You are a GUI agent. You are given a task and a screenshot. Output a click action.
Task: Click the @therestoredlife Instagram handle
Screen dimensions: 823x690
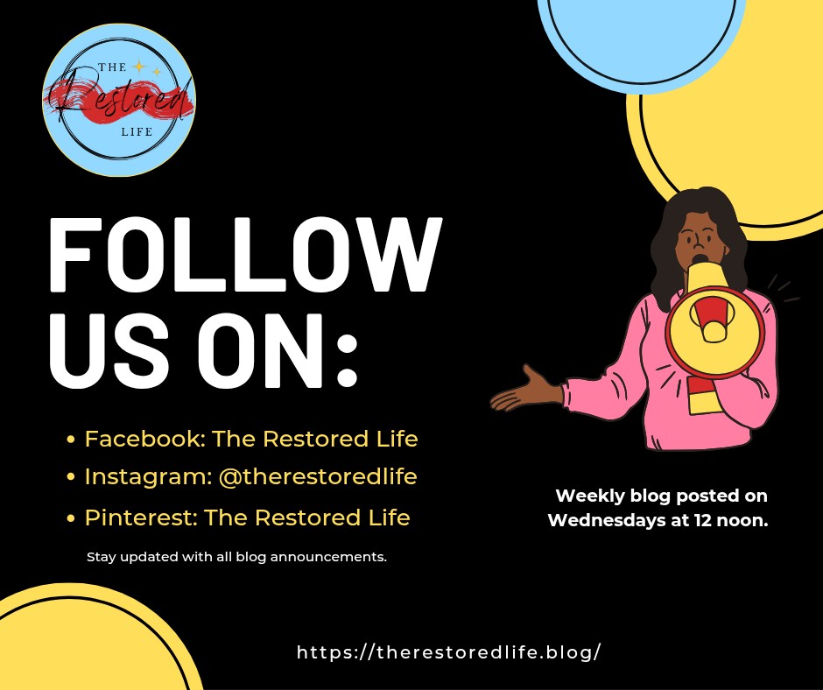point(318,477)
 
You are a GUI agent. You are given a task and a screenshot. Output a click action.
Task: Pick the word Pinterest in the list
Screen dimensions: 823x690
point(140,517)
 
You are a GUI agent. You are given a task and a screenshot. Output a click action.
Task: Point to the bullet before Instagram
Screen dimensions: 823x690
point(72,477)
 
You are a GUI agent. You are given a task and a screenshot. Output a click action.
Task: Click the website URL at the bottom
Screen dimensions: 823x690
point(449,652)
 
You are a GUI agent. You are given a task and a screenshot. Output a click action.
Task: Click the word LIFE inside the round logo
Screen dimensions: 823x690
point(137,132)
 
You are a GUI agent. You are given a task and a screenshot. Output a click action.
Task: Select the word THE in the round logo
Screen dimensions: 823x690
point(112,67)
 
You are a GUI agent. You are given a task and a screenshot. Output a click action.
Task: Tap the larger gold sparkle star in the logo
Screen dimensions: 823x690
point(139,67)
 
